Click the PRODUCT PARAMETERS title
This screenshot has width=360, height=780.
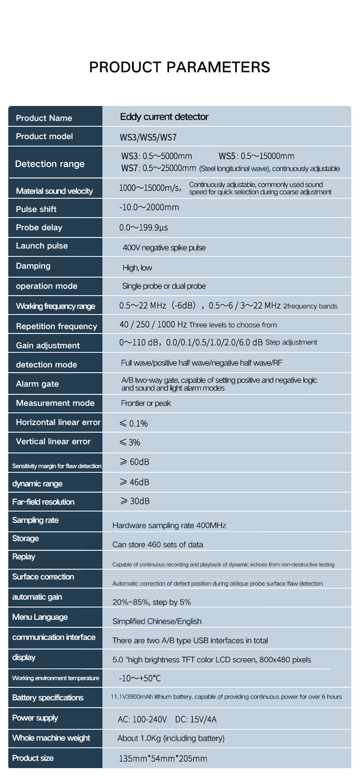pos(180,67)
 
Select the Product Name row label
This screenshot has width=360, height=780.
pos(44,118)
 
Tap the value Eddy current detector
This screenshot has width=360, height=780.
pos(164,117)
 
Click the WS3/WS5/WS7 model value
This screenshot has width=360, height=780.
pos(148,137)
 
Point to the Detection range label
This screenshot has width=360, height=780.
pos(49,164)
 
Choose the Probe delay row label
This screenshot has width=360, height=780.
pos(39,227)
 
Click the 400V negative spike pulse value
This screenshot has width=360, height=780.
pos(164,248)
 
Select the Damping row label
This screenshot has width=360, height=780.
pos(33,266)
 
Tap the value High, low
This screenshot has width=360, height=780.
pos(137,268)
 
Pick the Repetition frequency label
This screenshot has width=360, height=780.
pos(56,326)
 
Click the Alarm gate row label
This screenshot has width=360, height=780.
pos(37,384)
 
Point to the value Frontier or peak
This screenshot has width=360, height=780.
pos(145,403)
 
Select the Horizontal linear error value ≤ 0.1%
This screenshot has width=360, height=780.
pos(133,423)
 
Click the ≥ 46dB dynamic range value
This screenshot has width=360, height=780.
pos(134,482)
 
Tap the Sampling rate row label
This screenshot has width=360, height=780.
pos(35,520)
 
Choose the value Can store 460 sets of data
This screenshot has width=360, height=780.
pos(157,544)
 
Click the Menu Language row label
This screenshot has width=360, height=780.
pos(40,617)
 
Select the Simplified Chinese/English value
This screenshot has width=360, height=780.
pos(156,621)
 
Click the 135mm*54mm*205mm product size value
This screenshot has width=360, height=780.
pos(163,758)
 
